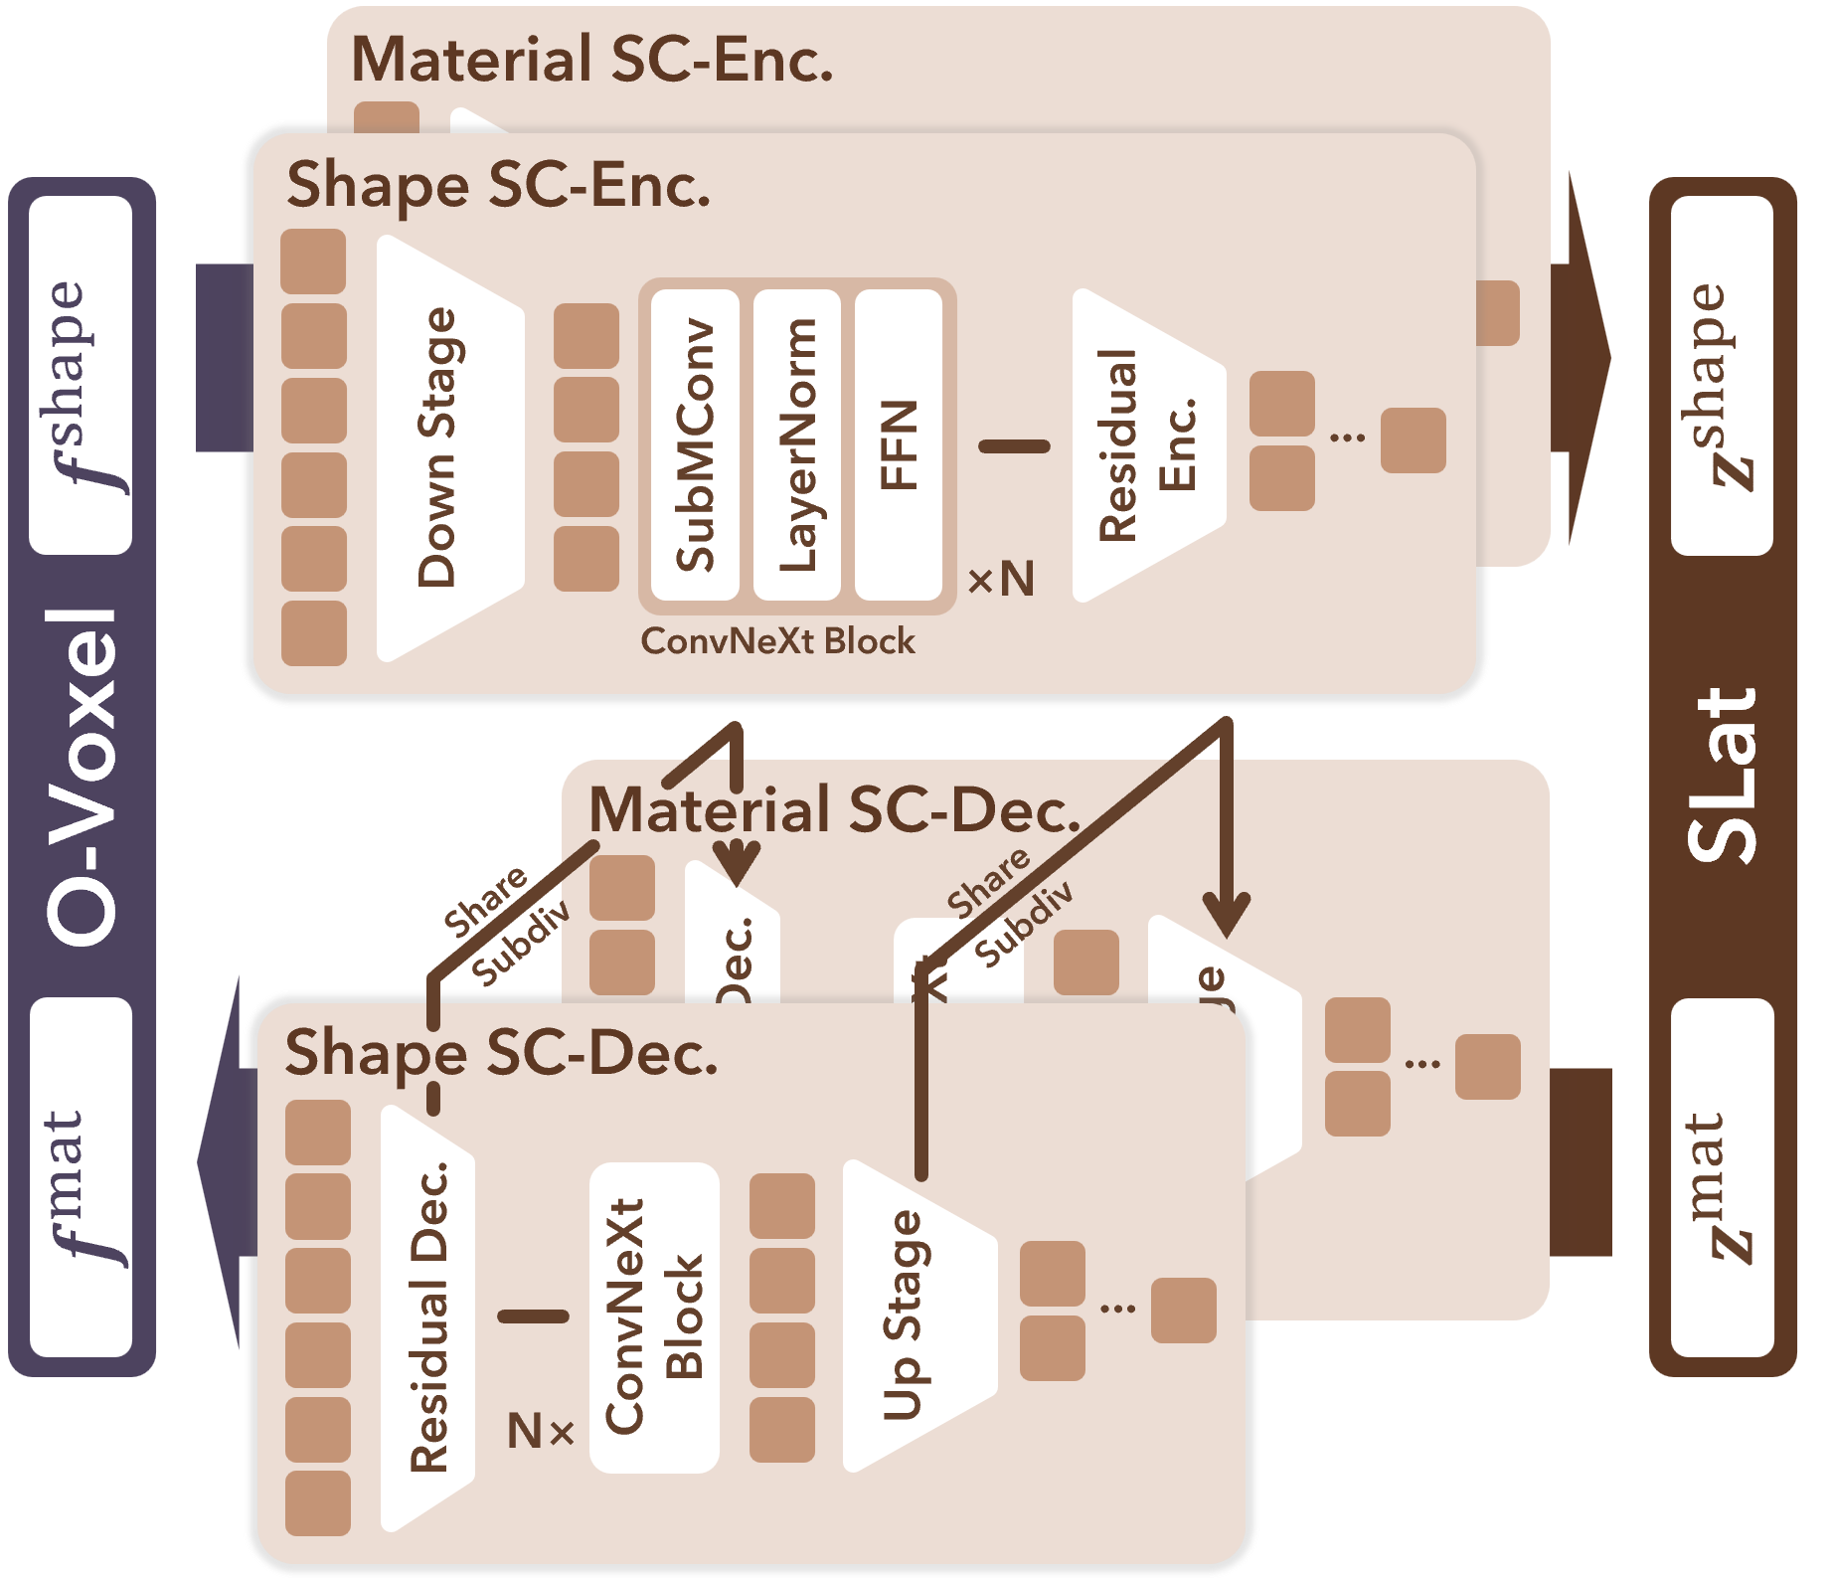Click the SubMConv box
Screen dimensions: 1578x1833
tap(695, 444)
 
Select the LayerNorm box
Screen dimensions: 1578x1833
tap(797, 444)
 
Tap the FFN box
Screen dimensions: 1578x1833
tap(899, 444)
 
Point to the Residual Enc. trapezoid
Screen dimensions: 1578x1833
tap(1143, 444)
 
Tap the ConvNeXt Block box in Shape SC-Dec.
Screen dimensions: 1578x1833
tap(654, 1317)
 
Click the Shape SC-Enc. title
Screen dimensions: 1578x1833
tap(498, 186)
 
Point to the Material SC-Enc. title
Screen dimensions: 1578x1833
tap(591, 60)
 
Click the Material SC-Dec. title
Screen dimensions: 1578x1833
tap(833, 810)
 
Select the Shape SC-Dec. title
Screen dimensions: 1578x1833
tap(501, 1053)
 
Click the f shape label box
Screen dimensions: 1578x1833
tap(81, 375)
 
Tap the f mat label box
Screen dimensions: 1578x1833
tap(81, 1177)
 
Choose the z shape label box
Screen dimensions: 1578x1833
tap(1722, 375)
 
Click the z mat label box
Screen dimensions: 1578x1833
tap(1722, 1177)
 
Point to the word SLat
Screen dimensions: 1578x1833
tap(1722, 776)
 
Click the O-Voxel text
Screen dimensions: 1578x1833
tap(82, 776)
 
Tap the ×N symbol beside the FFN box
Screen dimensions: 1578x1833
tap(1001, 579)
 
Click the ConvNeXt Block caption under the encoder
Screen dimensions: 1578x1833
tap(777, 641)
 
